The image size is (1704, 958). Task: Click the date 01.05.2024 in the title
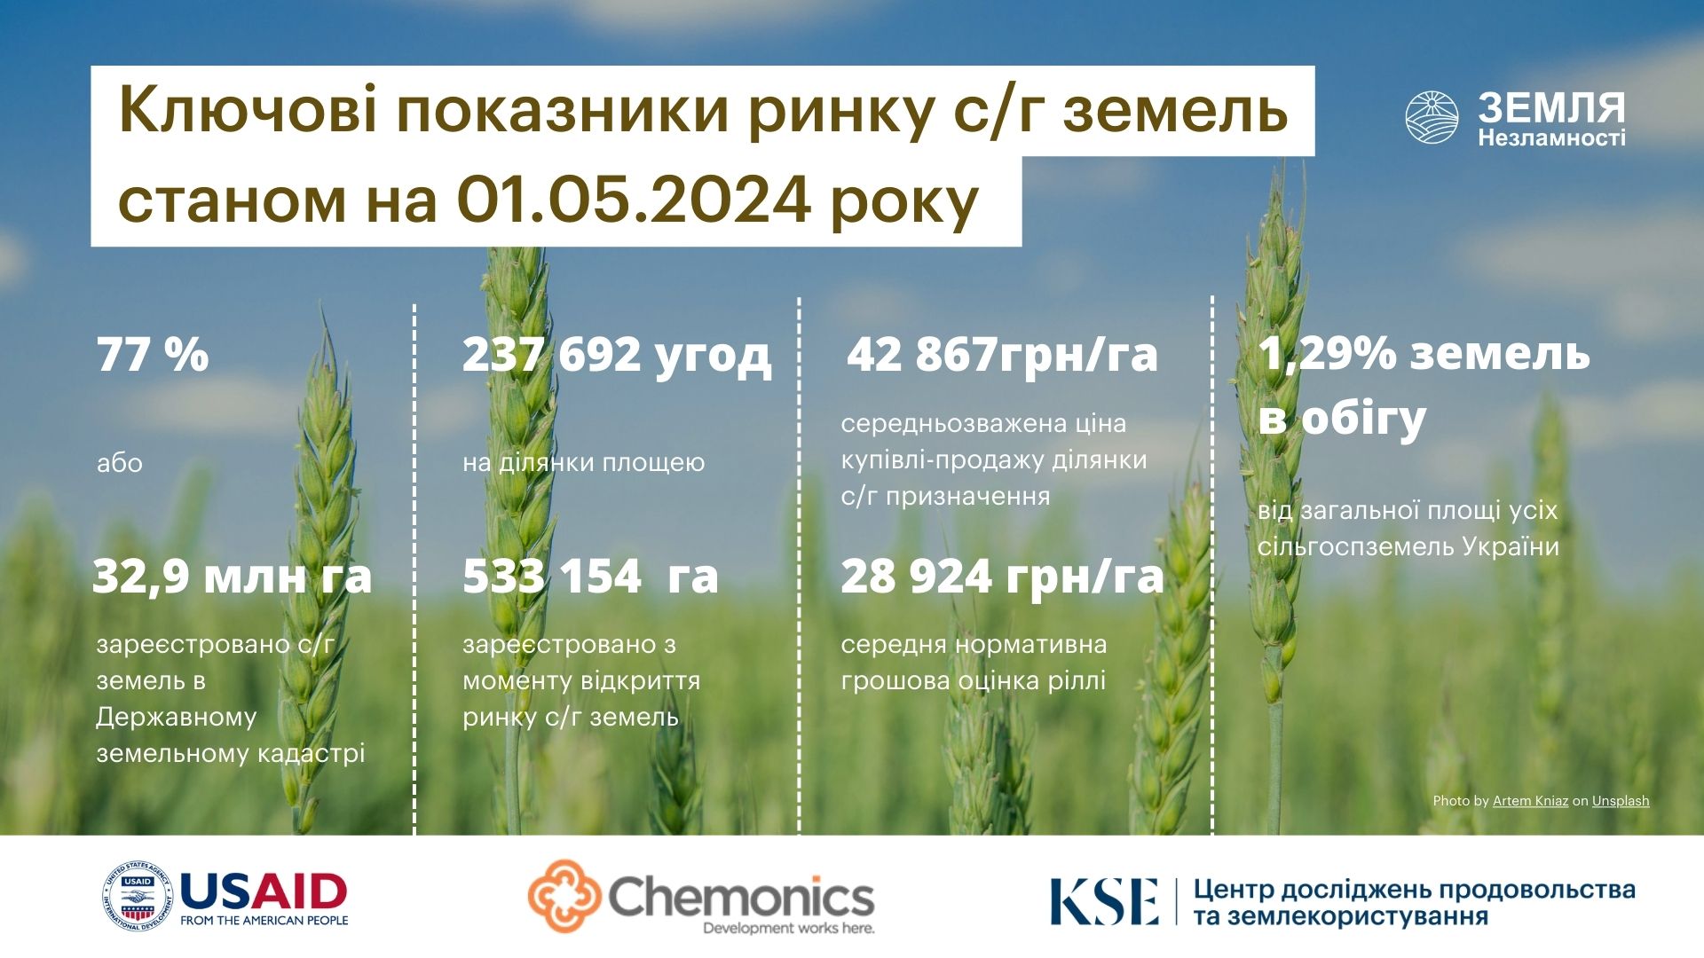click(x=633, y=200)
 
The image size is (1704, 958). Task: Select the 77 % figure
click(x=153, y=354)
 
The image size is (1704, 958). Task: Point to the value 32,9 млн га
click(x=233, y=576)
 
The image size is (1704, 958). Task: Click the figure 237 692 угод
click(x=617, y=356)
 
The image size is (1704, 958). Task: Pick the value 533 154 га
click(x=590, y=576)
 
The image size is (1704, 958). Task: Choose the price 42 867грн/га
click(x=1002, y=355)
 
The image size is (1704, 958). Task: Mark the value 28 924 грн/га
click(x=1002, y=577)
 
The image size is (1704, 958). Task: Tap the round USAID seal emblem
click(x=138, y=897)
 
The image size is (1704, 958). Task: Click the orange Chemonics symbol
click(x=565, y=896)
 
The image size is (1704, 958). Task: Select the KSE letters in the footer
click(x=1104, y=901)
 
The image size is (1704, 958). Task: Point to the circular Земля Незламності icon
click(x=1432, y=117)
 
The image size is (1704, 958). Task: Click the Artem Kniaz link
click(x=1530, y=801)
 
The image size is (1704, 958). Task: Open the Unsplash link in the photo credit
click(x=1621, y=801)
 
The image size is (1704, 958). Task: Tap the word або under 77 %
click(x=120, y=463)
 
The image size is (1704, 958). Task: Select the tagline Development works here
click(x=789, y=929)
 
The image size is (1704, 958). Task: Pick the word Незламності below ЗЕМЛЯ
click(x=1551, y=138)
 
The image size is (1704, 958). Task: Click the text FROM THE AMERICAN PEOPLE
click(x=264, y=921)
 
